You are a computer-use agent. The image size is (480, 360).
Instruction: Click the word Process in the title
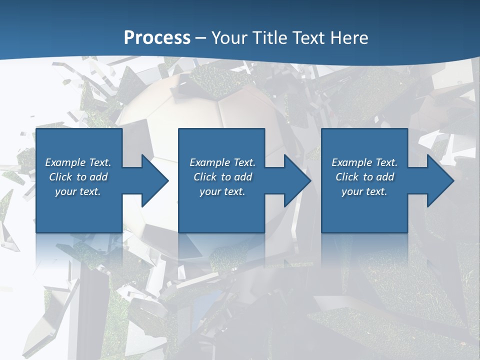(x=157, y=38)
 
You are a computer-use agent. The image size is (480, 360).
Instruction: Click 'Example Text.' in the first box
(x=78, y=162)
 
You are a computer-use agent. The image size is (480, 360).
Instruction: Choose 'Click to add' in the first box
(x=78, y=177)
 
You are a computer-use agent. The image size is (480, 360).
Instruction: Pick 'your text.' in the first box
(x=78, y=191)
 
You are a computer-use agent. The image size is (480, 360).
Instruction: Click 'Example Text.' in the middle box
(x=222, y=162)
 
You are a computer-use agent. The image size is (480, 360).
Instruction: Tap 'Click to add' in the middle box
(x=222, y=177)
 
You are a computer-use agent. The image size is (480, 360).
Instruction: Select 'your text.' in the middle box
(x=222, y=191)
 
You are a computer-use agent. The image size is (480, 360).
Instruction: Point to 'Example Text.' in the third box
(x=364, y=162)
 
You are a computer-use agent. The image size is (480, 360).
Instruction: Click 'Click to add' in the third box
(x=364, y=177)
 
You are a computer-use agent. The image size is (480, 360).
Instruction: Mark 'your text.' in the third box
(x=364, y=191)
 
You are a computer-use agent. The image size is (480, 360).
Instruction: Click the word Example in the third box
(x=352, y=162)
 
